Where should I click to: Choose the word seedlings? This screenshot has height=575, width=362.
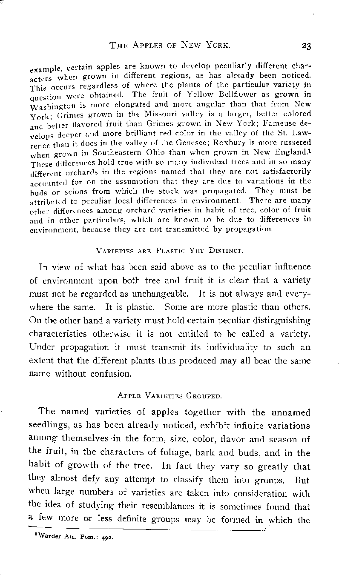point(57,426)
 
